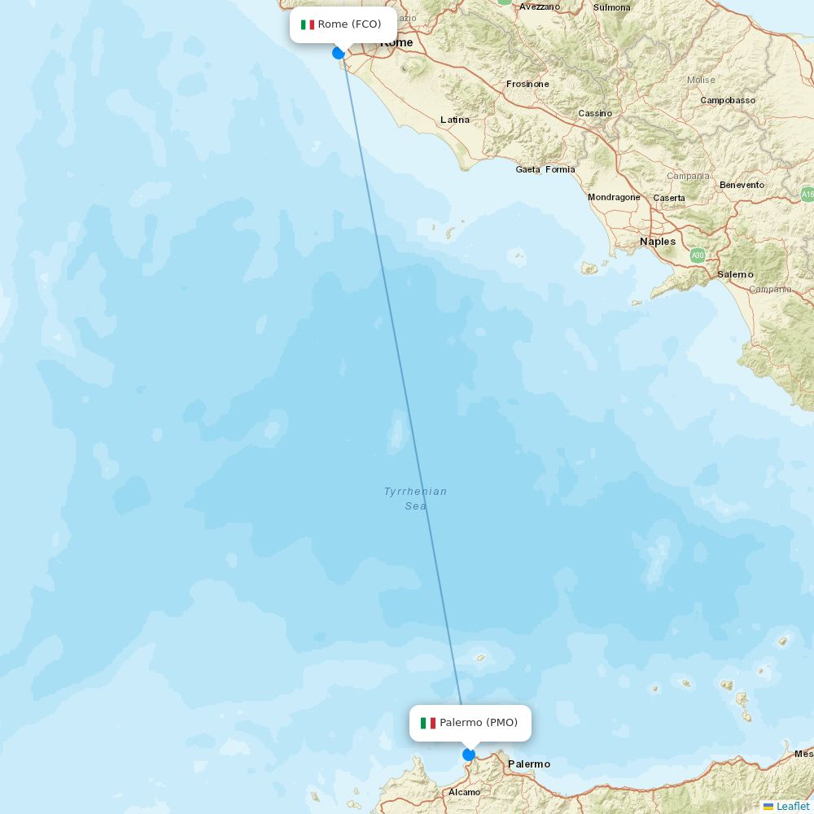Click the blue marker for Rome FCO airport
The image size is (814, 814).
[339, 53]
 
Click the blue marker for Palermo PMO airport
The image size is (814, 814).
[468, 755]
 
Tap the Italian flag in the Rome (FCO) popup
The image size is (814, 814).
[308, 24]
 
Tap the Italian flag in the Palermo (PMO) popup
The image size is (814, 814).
[428, 723]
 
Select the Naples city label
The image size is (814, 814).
[658, 242]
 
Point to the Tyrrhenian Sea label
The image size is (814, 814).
[416, 498]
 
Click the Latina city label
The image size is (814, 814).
[455, 120]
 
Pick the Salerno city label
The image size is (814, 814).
[735, 274]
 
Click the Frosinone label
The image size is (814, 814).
[527, 84]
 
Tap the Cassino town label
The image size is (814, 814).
[595, 113]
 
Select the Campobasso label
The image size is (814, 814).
[728, 100]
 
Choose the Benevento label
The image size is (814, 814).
[742, 185]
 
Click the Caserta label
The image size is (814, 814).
[669, 198]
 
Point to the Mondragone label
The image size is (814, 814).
[614, 198]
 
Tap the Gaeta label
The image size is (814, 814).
[527, 169]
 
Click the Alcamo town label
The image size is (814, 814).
[464, 792]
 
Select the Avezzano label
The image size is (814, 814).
[540, 7]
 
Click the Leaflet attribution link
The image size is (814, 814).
[792, 806]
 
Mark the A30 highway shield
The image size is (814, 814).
[698, 256]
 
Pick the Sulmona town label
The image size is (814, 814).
[612, 7]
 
